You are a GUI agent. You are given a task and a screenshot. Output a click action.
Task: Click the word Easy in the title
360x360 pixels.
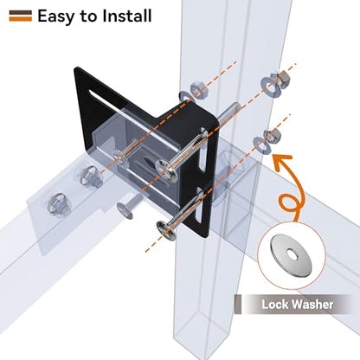[x=56, y=16]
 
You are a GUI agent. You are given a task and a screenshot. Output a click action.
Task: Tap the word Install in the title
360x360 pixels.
[x=127, y=16]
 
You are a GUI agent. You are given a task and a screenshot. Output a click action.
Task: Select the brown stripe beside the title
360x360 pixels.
[x=21, y=12]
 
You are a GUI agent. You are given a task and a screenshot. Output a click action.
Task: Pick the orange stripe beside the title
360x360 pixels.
[x=21, y=18]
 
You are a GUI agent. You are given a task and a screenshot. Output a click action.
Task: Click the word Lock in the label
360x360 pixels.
[x=274, y=305]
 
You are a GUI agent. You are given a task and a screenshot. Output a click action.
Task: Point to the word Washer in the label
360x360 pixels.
[x=312, y=305]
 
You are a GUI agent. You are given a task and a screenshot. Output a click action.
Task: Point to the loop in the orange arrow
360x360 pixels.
[x=289, y=205]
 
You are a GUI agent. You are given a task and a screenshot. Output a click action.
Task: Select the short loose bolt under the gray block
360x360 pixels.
[x=128, y=205]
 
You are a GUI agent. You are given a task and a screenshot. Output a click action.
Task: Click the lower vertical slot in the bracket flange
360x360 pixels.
[x=199, y=205]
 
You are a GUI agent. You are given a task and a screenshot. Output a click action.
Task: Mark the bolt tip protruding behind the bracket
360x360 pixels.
[x=231, y=112]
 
